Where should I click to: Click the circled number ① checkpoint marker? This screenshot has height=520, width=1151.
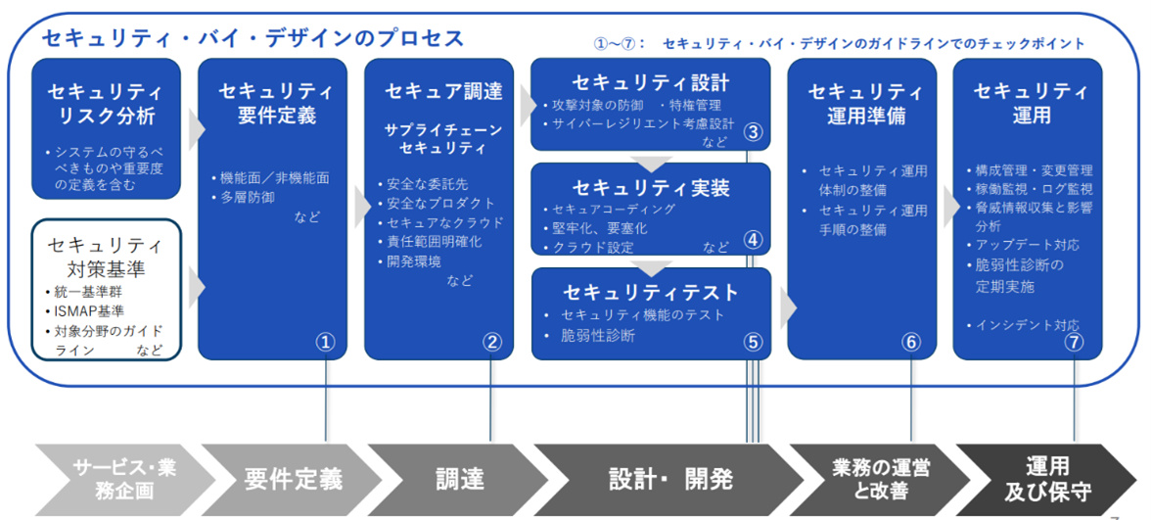pos(325,342)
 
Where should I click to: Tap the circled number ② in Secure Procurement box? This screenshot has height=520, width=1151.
pos(492,342)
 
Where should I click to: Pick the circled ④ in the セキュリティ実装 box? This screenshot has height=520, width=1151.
pos(752,238)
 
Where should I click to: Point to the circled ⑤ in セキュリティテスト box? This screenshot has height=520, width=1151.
pos(752,342)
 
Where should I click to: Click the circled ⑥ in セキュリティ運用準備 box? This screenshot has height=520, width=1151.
pos(912,342)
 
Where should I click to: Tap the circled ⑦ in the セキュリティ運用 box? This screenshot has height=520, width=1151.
pos(1075,342)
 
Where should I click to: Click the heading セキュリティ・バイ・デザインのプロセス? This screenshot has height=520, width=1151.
pos(253,38)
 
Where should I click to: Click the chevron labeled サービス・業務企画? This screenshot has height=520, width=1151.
pos(124,479)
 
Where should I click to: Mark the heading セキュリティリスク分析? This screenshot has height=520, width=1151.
pos(106,105)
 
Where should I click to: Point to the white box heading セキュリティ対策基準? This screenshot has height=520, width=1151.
pos(106,254)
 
